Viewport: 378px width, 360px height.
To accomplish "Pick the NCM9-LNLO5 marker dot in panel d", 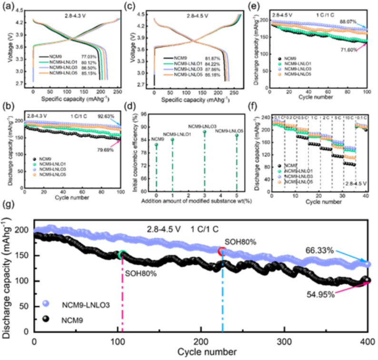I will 237,136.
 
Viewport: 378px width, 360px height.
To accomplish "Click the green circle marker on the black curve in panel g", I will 122,255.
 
